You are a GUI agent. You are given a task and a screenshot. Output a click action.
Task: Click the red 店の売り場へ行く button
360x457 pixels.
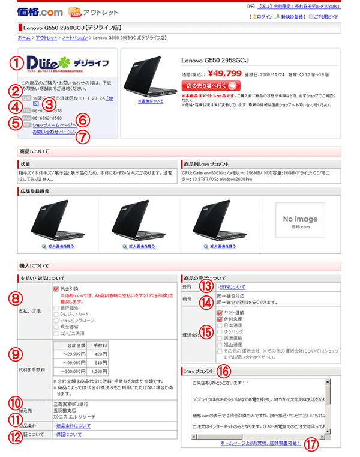pos(211,85)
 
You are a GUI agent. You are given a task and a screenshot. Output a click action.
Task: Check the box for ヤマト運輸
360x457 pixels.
pos(220,312)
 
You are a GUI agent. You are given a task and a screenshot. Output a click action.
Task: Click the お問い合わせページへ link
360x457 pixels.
pos(54,132)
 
